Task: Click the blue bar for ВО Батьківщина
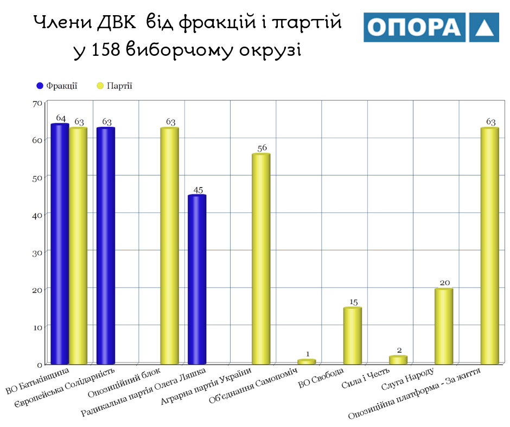[x=60, y=244]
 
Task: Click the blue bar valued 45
[x=197, y=279]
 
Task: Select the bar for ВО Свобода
[x=353, y=335]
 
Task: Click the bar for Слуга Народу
[x=444, y=326]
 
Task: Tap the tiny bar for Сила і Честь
[x=398, y=360]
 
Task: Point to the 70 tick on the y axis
[x=37, y=103]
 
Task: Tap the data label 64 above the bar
[x=60, y=119]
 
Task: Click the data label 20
[x=445, y=283]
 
